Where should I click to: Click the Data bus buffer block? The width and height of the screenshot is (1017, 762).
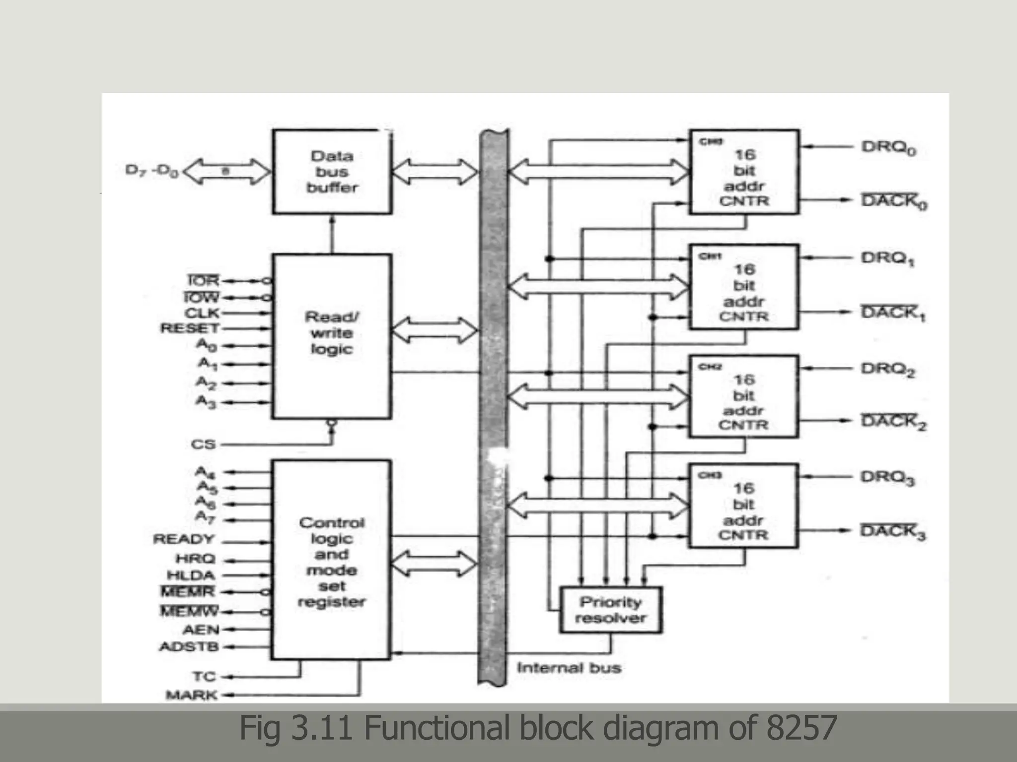point(332,172)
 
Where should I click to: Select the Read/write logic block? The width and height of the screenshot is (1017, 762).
point(332,336)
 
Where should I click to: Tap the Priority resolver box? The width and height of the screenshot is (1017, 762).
point(610,610)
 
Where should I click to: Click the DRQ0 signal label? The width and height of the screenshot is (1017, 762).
point(888,148)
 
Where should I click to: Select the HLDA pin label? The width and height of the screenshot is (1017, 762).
point(191,575)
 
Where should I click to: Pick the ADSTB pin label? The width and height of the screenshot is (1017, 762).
point(189,647)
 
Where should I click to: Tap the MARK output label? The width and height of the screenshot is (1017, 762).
point(192,695)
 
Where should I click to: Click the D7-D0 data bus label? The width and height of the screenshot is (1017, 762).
point(151,171)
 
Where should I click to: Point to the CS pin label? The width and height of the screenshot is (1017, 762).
point(203,444)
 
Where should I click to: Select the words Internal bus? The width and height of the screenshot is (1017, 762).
point(569,668)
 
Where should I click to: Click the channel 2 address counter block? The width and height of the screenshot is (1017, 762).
point(743,396)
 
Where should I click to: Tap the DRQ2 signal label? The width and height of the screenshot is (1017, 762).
point(887,369)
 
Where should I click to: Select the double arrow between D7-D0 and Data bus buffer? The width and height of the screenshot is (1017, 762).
point(227,172)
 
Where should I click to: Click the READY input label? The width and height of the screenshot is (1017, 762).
point(184,539)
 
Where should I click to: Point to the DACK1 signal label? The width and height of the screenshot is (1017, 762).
point(892,313)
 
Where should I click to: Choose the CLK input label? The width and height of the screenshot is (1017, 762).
point(202,313)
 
